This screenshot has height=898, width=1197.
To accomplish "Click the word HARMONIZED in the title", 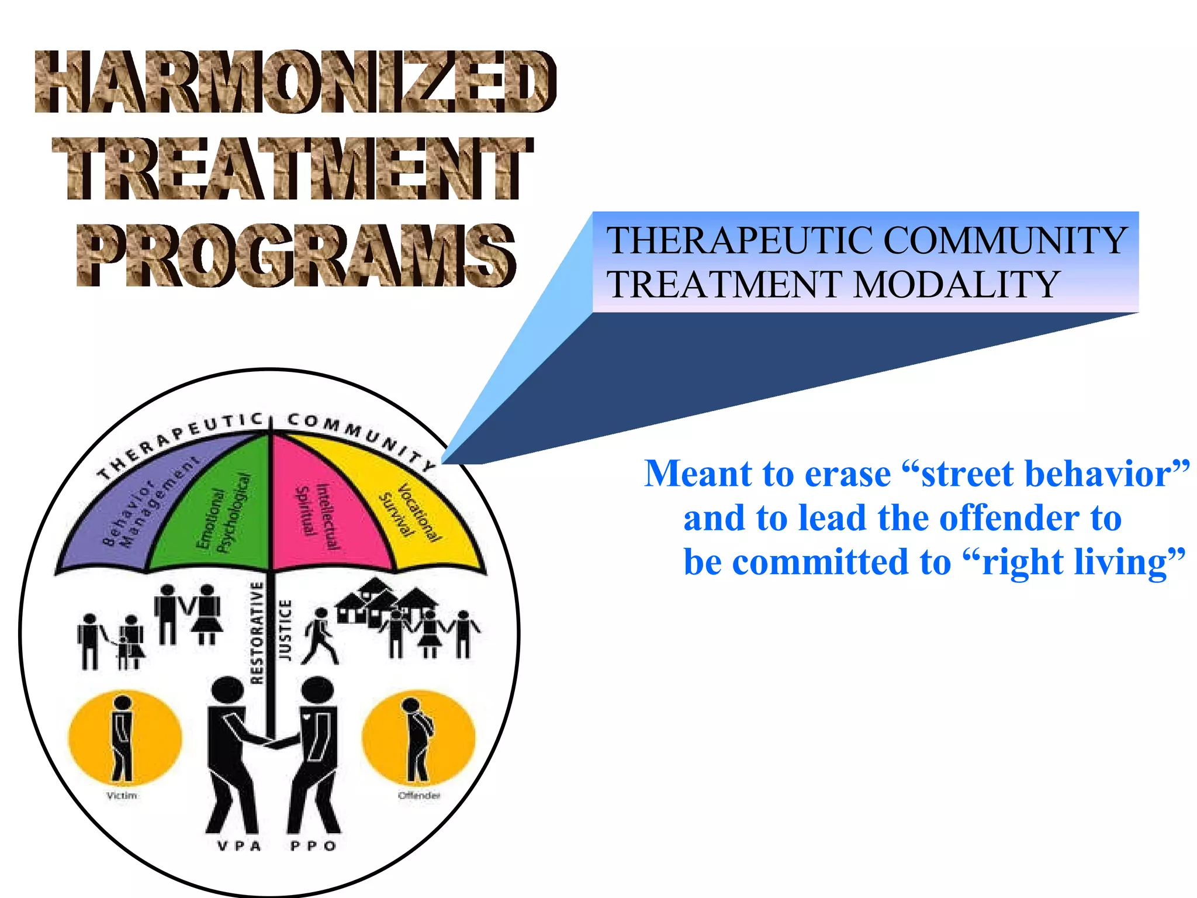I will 295,82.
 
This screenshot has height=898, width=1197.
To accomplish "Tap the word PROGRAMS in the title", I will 296,255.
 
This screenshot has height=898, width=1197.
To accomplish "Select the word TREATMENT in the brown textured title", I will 292,168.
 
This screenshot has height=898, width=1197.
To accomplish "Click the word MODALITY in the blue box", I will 956,285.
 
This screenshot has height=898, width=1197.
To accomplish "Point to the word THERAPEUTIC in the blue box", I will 740,240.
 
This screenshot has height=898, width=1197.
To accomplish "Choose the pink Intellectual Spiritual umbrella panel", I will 321,514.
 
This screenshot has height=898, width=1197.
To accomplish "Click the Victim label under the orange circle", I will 122,796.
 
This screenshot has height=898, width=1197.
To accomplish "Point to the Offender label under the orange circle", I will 418,796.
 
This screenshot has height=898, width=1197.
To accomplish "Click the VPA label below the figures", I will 239,846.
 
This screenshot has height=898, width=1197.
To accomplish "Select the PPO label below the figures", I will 313,846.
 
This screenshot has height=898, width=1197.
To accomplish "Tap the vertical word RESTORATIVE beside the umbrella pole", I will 257,633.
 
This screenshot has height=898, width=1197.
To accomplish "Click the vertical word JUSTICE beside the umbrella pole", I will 285,630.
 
